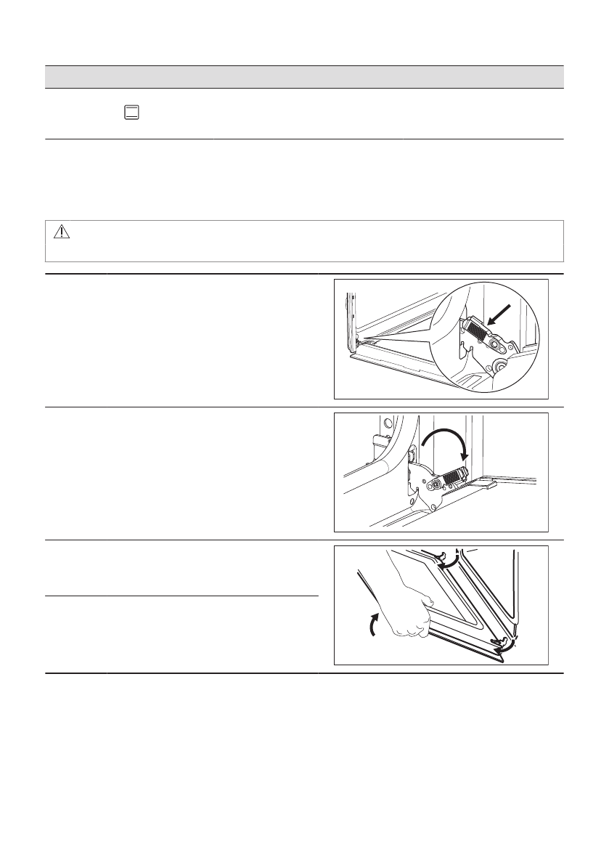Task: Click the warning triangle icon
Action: coord(61,231)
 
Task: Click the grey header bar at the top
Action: coord(305,76)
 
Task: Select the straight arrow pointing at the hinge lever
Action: coord(500,314)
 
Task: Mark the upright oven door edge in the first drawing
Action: coord(351,320)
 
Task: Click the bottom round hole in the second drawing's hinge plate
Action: coord(434,506)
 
